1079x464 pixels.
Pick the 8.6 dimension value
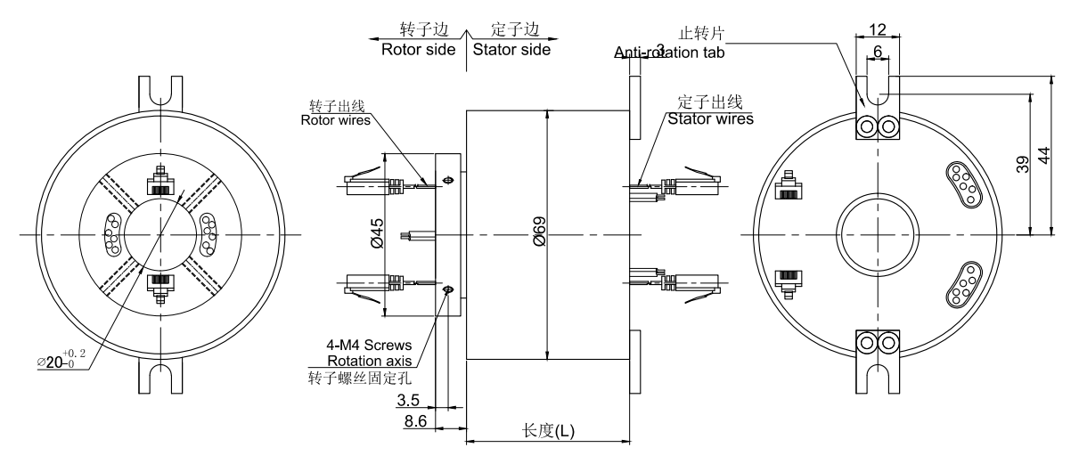coord(415,420)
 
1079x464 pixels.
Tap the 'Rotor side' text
coord(417,50)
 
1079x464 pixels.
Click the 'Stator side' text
coord(511,50)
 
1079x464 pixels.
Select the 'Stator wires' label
coord(709,118)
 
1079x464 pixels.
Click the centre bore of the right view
coord(878,234)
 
